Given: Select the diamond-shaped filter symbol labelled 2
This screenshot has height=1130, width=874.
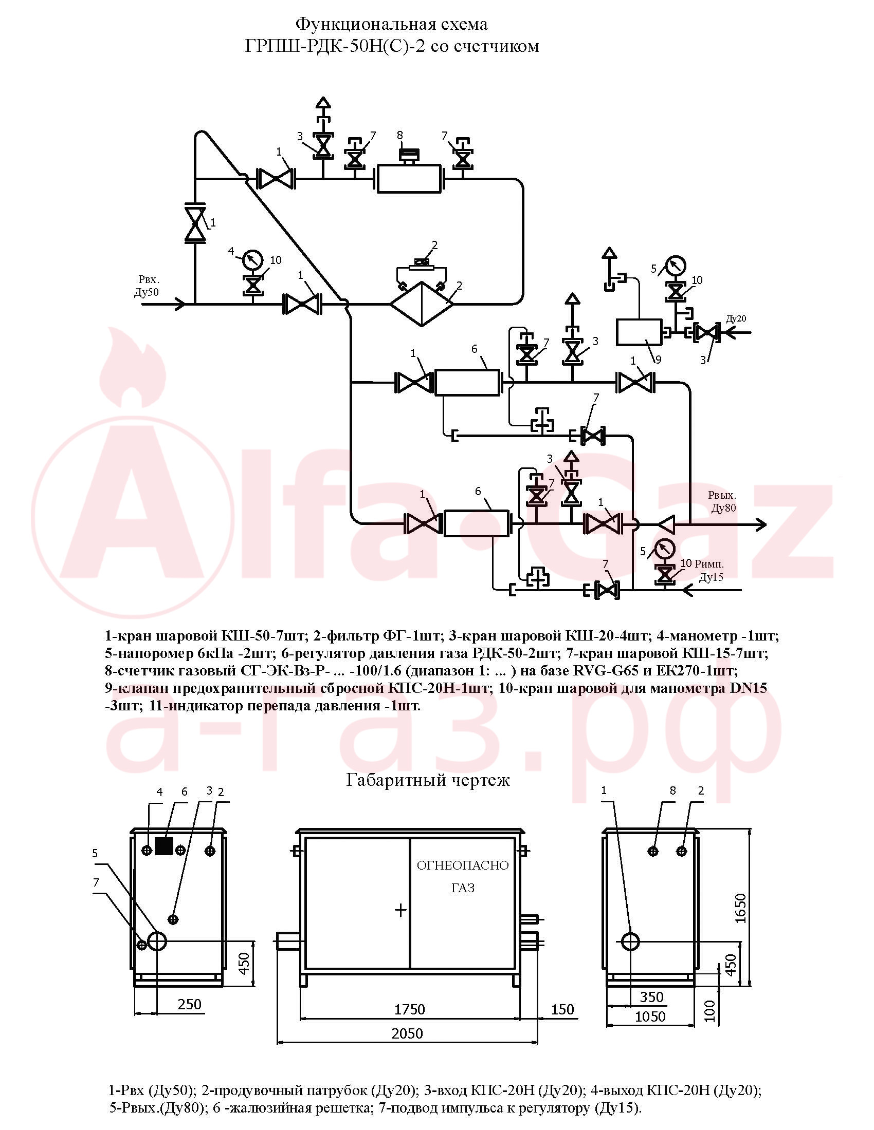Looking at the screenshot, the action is click(422, 304).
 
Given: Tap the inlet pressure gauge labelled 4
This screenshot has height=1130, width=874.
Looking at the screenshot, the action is click(252, 259).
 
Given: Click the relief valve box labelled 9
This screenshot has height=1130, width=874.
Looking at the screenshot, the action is click(639, 332).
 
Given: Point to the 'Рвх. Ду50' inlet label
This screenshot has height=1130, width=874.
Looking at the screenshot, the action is click(147, 286).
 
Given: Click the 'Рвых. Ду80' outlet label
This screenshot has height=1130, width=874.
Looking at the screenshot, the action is click(723, 501).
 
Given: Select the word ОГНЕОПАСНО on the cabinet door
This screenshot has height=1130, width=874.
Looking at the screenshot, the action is click(462, 865).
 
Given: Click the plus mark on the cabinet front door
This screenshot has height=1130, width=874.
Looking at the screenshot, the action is click(400, 910).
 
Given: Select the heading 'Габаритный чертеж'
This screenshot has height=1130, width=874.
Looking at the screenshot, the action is click(428, 780).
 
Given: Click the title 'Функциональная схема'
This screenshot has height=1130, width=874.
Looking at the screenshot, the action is click(391, 24).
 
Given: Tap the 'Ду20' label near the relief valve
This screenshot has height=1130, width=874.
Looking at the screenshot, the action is click(736, 318).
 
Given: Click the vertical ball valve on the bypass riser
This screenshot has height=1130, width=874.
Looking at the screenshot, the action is click(195, 224).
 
